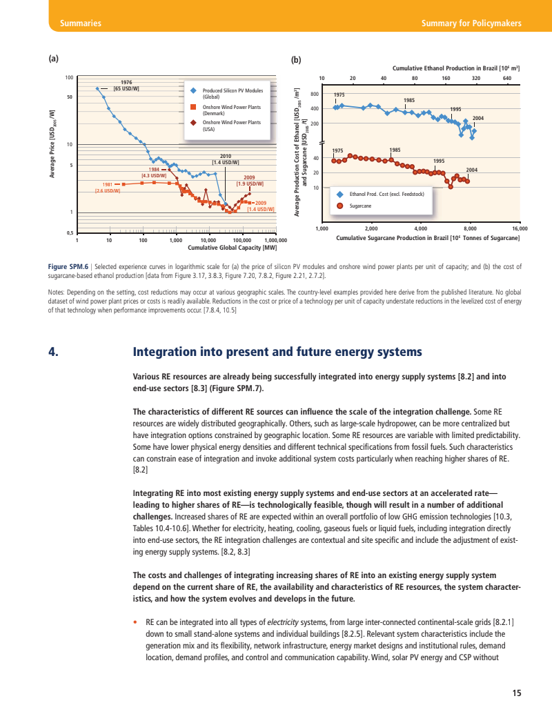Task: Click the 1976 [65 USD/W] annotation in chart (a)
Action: point(126,86)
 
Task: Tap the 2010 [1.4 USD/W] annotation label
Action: point(225,159)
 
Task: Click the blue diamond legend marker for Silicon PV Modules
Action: point(195,91)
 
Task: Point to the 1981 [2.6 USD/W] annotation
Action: point(108,187)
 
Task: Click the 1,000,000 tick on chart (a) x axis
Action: point(275,240)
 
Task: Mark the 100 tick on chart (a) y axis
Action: point(69,77)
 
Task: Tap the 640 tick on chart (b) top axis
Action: point(507,78)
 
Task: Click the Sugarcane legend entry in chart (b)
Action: point(359,206)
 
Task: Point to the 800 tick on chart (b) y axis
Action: point(315,94)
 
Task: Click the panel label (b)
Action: point(296,60)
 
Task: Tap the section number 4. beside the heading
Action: point(52,353)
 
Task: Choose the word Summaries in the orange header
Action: point(81,23)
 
